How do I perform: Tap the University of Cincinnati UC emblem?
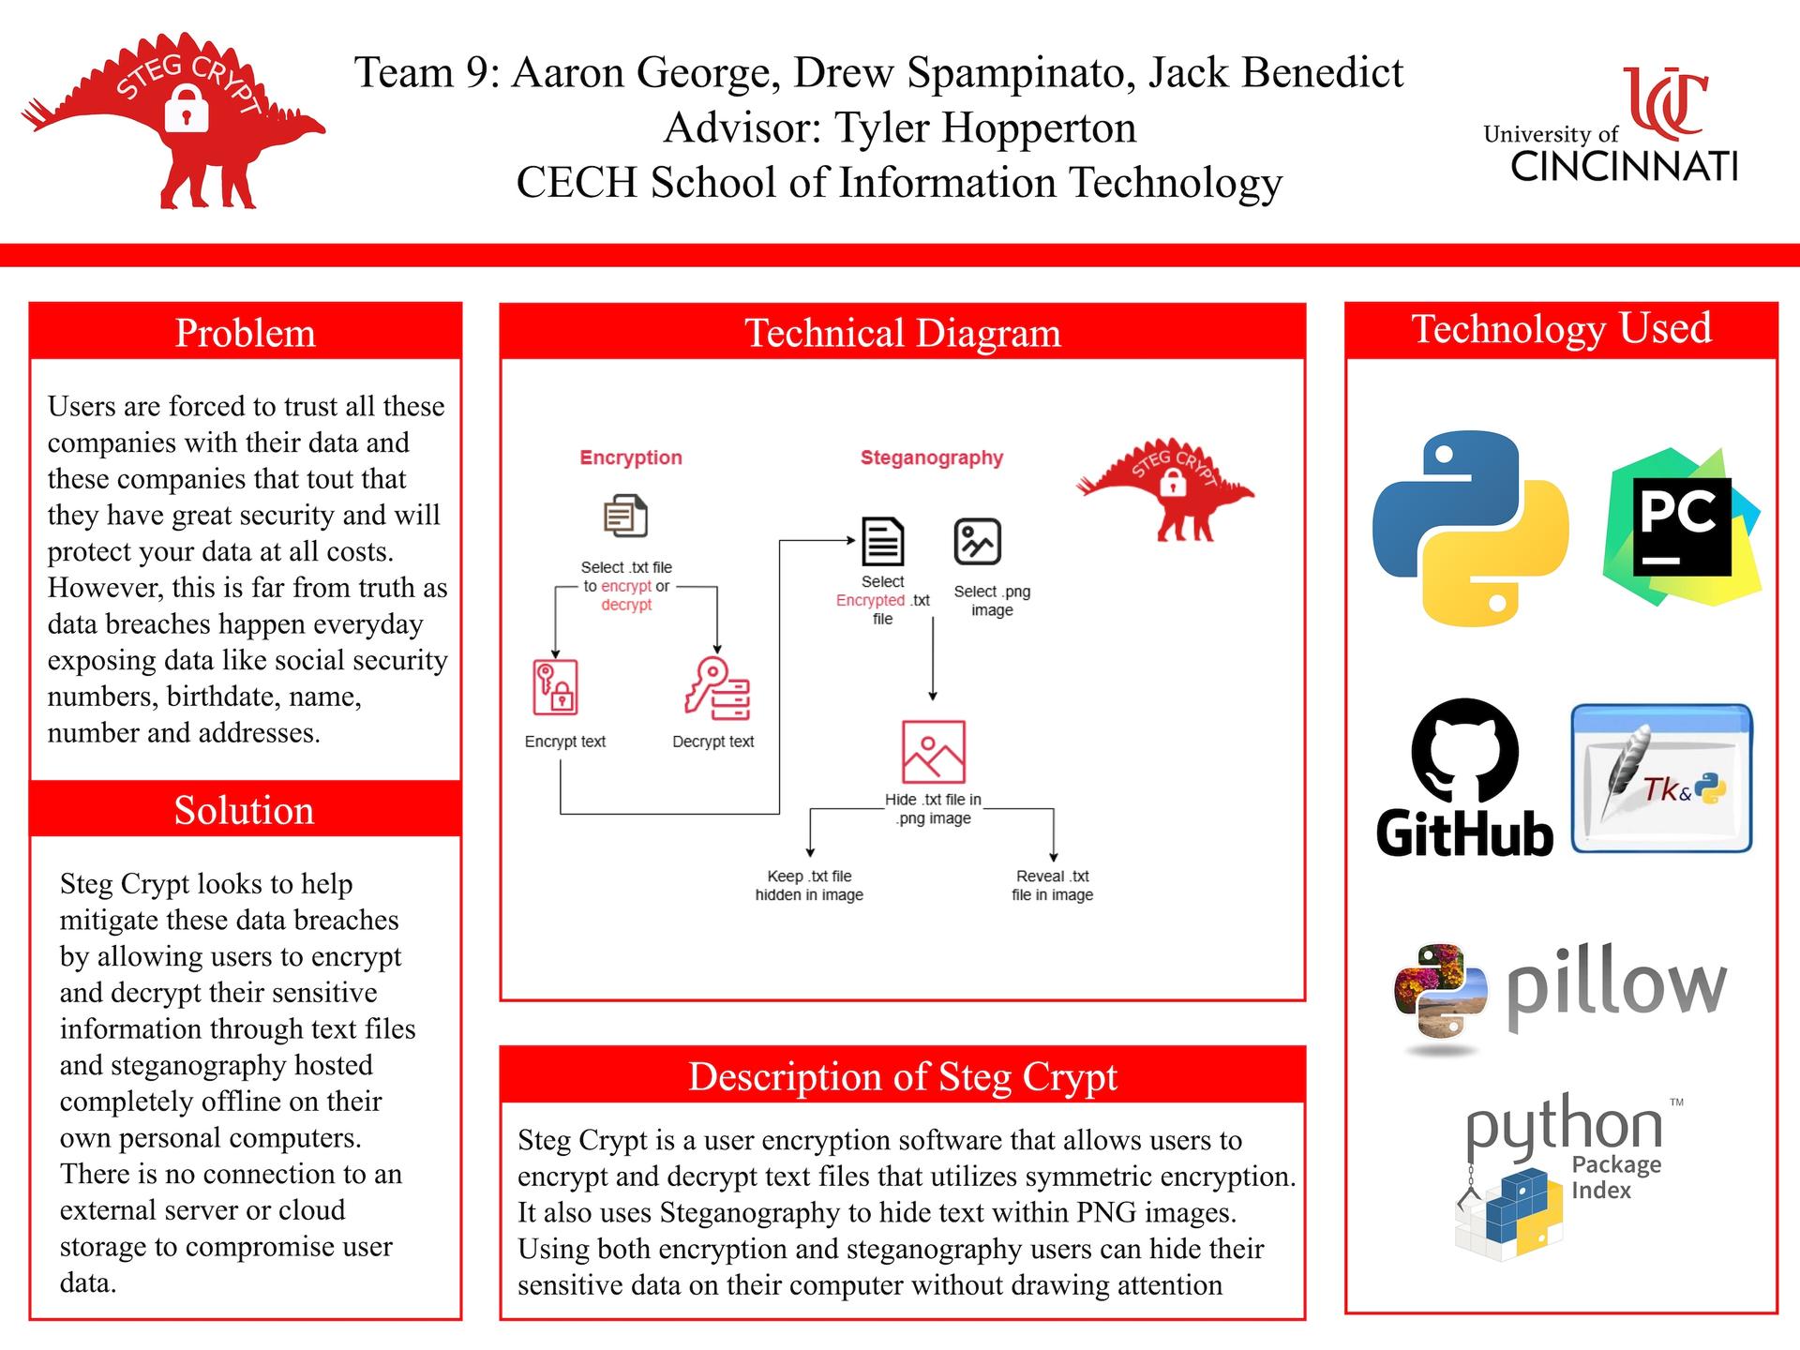[x=1664, y=101]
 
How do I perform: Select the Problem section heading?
[x=246, y=333]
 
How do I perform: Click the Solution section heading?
[x=245, y=810]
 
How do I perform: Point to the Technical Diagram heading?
[x=902, y=333]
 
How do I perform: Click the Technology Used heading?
[x=1561, y=329]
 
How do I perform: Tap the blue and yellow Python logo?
[x=1469, y=528]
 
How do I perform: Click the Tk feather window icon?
[x=1661, y=778]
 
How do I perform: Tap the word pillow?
[x=1616, y=988]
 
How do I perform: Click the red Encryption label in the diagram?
[x=631, y=457]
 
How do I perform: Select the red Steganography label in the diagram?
[x=932, y=457]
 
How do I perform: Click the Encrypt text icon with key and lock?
[x=555, y=687]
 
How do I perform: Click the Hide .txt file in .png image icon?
[x=933, y=752]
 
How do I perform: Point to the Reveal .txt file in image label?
[x=1052, y=885]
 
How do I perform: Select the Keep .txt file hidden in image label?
[x=809, y=885]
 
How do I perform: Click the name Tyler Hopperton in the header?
[x=984, y=127]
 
